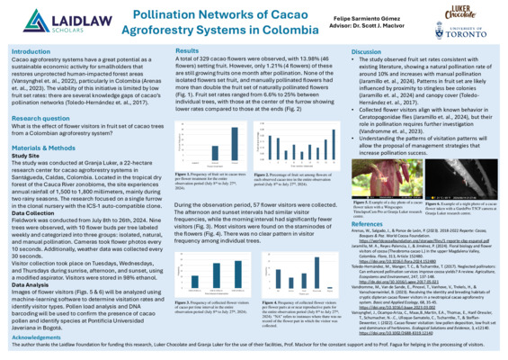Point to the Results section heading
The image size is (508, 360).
(188, 53)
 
